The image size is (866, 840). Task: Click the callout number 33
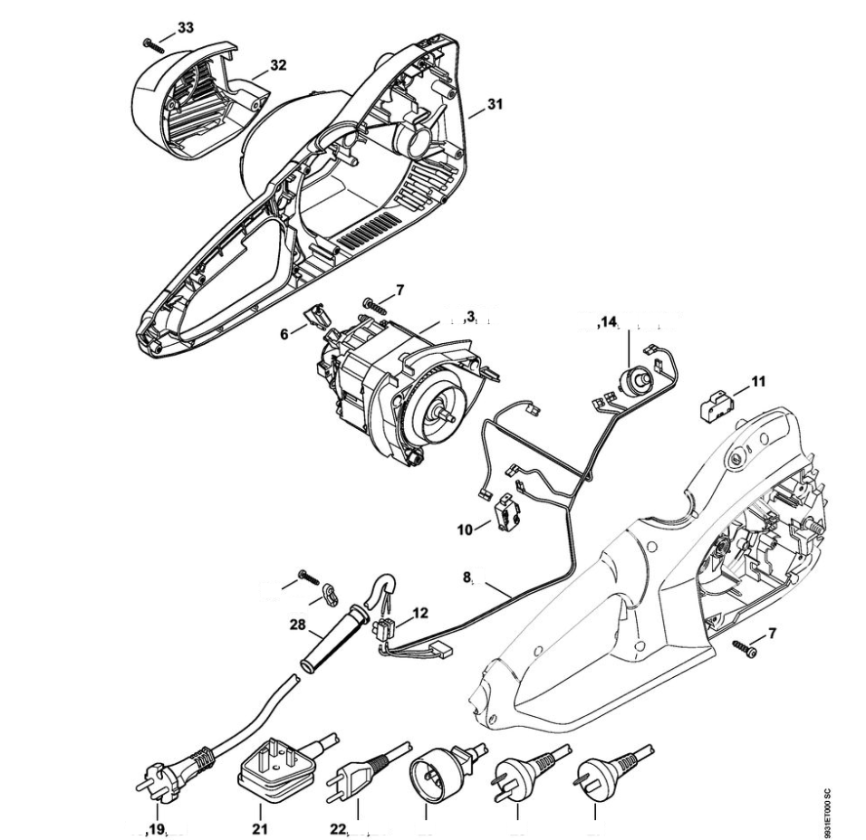pyautogui.click(x=185, y=28)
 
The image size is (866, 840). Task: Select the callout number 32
pyautogui.click(x=278, y=65)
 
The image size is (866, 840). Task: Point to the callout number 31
pyautogui.click(x=494, y=104)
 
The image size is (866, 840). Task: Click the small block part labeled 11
pyautogui.click(x=716, y=401)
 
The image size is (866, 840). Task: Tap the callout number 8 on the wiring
pyautogui.click(x=467, y=575)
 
